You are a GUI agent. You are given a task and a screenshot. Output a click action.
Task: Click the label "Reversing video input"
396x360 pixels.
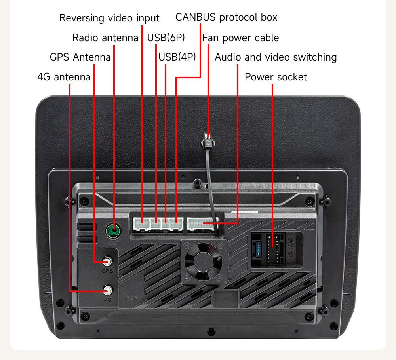coord(109,18)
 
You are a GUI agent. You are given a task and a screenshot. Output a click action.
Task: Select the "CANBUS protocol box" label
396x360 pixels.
coord(226,17)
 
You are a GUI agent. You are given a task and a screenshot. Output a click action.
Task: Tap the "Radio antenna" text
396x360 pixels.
coord(105,38)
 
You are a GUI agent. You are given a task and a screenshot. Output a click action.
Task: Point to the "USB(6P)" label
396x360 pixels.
coord(166,38)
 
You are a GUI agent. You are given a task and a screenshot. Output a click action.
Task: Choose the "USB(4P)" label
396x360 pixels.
coord(177,57)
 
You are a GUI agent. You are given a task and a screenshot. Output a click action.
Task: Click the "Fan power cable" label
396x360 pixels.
coord(240,38)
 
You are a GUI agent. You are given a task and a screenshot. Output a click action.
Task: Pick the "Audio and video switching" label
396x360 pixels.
coord(276,57)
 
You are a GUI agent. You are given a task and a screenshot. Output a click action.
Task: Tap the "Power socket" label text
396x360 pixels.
coord(276,77)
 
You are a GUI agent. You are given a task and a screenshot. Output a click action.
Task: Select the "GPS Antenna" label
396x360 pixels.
coord(80,57)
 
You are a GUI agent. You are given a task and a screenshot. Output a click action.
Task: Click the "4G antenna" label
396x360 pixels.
coord(64,77)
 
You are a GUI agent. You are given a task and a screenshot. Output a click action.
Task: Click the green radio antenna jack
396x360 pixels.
coord(114,229)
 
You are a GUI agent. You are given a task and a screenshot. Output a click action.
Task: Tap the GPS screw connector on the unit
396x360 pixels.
coord(107,261)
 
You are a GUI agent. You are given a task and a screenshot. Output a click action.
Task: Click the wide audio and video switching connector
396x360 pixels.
coord(200,225)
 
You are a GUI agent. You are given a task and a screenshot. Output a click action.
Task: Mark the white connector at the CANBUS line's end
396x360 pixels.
coord(176,225)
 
